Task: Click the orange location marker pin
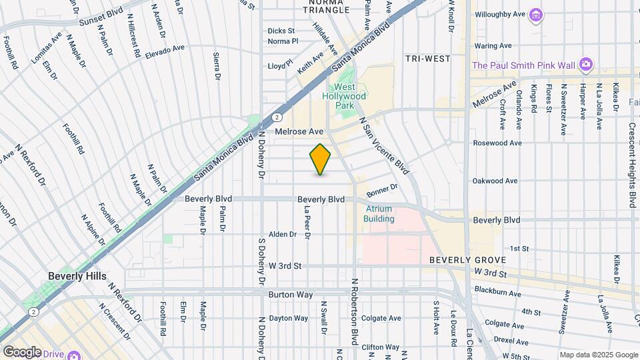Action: click(320, 160)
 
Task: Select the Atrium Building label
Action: click(379, 214)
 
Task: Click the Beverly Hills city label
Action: click(77, 276)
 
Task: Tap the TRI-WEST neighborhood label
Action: click(428, 59)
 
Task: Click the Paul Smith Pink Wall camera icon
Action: click(586, 65)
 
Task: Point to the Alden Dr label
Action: click(282, 235)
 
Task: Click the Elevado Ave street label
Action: click(165, 49)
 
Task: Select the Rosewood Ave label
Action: click(495, 143)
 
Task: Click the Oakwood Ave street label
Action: click(495, 181)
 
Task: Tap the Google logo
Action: click(22, 352)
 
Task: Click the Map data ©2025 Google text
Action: click(598, 355)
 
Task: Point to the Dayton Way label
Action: click(289, 318)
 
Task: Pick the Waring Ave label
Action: click(493, 45)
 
